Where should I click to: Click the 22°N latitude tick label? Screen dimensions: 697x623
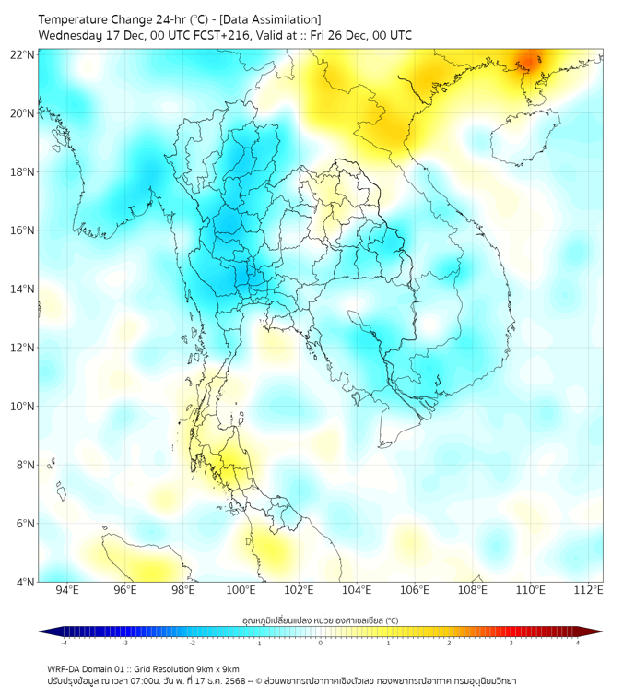click(23, 54)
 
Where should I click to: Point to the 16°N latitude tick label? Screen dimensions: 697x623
click(23, 230)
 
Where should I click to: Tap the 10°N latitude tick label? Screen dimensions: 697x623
click(23, 407)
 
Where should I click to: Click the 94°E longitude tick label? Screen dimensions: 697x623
click(67, 590)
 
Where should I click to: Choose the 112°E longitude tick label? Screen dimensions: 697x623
click(588, 590)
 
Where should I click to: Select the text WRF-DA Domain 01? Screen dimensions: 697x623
click(87, 668)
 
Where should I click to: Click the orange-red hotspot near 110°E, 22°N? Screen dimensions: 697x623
click(532, 63)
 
